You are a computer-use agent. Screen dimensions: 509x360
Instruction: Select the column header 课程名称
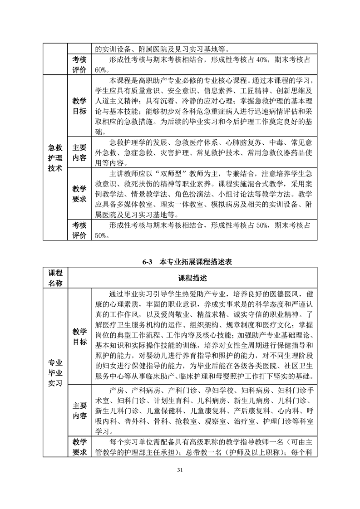tap(55, 278)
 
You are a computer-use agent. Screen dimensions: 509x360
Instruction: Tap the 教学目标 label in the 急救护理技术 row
tap(79, 106)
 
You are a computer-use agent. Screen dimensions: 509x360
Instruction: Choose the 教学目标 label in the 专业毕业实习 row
tap(79, 336)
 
